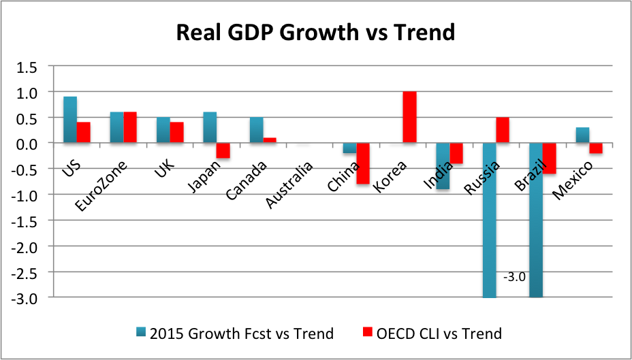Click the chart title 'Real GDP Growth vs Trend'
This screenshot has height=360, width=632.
pyautogui.click(x=315, y=33)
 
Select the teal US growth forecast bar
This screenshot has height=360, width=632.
pyautogui.click(x=69, y=120)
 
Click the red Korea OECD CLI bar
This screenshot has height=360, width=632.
pyautogui.click(x=409, y=117)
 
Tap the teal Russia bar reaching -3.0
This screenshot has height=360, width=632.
pyautogui.click(x=489, y=220)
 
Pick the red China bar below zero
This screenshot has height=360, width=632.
pyautogui.click(x=363, y=163)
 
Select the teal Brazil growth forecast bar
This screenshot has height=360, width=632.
pyautogui.click(x=535, y=220)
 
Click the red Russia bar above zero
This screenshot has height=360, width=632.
pyautogui.click(x=503, y=130)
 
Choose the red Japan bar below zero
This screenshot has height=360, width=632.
pyautogui.click(x=223, y=150)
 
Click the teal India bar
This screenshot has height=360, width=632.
pyautogui.click(x=442, y=166)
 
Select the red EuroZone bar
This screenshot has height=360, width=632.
pyautogui.click(x=129, y=127)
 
